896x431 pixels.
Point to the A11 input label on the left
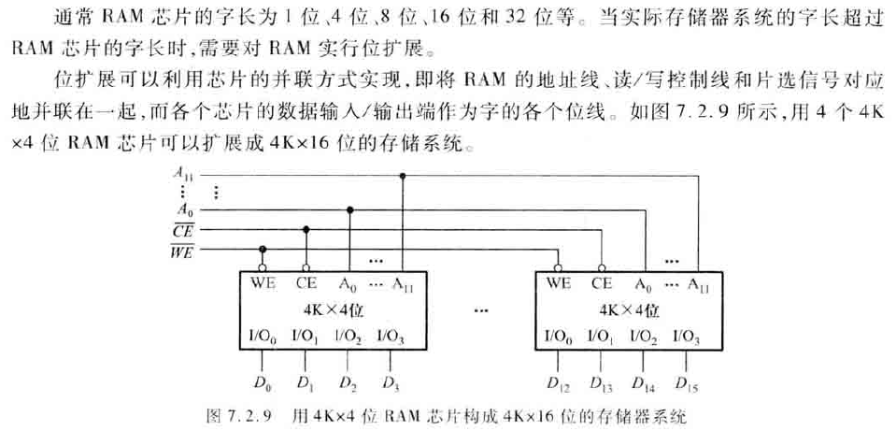[x=183, y=172]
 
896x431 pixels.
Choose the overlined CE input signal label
[x=183, y=230]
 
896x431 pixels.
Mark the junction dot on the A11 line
[x=403, y=175]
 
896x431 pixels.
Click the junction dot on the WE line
[x=263, y=250]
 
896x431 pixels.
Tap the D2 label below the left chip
[x=348, y=382]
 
